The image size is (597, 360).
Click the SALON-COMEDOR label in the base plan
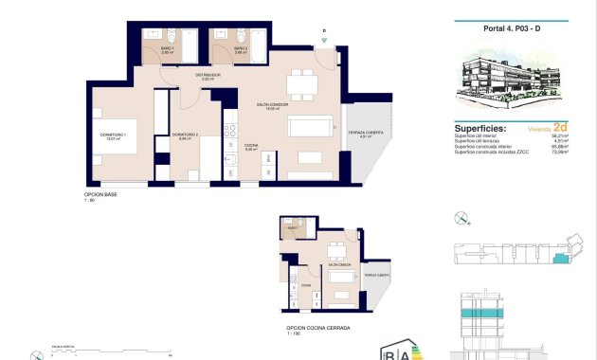click(272, 105)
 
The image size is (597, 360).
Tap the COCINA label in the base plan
click(251, 145)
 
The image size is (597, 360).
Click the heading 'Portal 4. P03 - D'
click(511, 28)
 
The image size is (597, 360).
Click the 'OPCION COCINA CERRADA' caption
click(317, 328)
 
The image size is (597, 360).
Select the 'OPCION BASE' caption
click(100, 194)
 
